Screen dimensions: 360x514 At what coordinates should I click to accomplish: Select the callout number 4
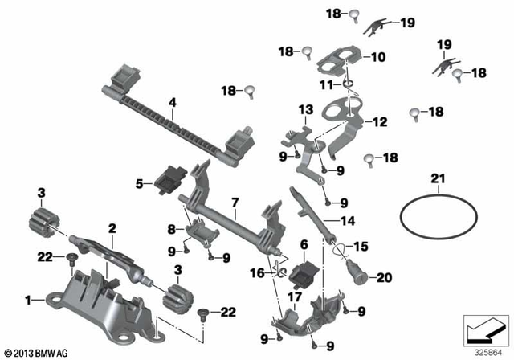[x=172, y=102]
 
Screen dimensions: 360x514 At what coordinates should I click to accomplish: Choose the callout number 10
[x=378, y=57]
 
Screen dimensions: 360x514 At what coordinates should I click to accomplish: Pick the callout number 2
[x=113, y=229]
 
